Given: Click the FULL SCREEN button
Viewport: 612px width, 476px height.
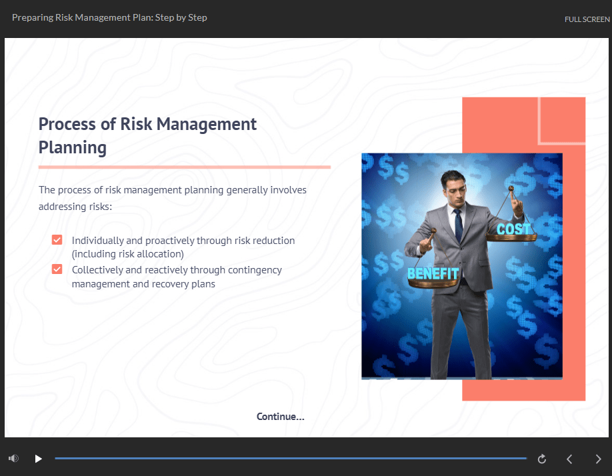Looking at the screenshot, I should [587, 19].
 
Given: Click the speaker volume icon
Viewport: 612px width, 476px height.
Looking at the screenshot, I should [13, 459].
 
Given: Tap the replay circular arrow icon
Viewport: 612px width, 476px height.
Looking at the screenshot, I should [542, 459].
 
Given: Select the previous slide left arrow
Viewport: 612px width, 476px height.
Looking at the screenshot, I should [569, 459].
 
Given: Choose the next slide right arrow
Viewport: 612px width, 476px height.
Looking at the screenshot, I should [598, 459].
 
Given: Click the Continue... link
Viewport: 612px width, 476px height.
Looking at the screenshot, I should [280, 417].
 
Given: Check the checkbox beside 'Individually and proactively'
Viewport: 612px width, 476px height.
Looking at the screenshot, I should [57, 240].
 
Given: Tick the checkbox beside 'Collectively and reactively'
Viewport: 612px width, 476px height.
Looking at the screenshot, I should [57, 269].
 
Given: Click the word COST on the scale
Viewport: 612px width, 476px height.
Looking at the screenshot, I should [513, 229].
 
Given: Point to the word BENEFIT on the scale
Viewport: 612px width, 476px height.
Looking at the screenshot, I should [433, 273].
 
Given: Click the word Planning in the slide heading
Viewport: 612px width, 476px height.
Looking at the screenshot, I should [73, 147].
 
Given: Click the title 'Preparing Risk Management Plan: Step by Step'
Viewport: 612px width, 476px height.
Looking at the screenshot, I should [109, 17].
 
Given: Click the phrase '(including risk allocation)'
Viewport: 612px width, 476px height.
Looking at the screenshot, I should [127, 254].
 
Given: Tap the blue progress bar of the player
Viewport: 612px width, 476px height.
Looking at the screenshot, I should [290, 459].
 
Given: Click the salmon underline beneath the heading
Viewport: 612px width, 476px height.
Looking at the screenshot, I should [184, 167].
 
